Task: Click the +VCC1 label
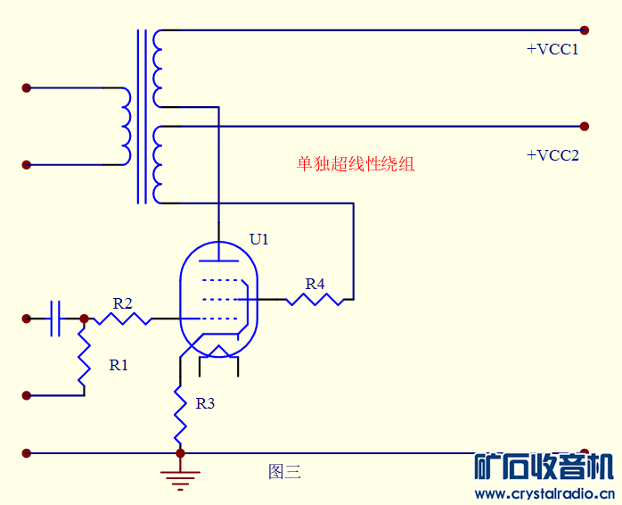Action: pyautogui.click(x=552, y=50)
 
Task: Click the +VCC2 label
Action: pyautogui.click(x=552, y=155)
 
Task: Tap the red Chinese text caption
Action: pyautogui.click(x=356, y=164)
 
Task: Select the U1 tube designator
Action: pyautogui.click(x=258, y=239)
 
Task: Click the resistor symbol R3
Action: pyautogui.click(x=180, y=411)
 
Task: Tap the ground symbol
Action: pyautogui.click(x=181, y=480)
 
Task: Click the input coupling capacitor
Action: pyautogui.click(x=56, y=319)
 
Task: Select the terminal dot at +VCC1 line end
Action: pyautogui.click(x=585, y=29)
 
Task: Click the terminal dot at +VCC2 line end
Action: pyautogui.click(x=585, y=126)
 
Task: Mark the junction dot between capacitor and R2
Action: pyautogui.click(x=84, y=319)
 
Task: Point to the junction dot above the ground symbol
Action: pyautogui.click(x=180, y=453)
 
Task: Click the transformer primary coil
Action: pyautogui.click(x=125, y=126)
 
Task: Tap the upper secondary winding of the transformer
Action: pyautogui.click(x=158, y=69)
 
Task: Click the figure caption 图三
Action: pyautogui.click(x=284, y=472)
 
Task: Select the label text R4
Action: pyautogui.click(x=315, y=284)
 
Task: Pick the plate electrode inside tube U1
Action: pyautogui.click(x=218, y=261)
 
